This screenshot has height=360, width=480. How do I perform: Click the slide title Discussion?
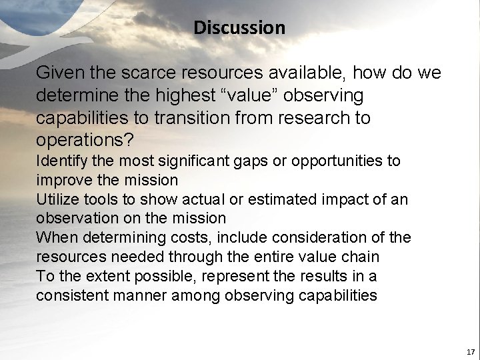point(239,28)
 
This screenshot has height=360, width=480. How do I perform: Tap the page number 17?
point(470,351)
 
